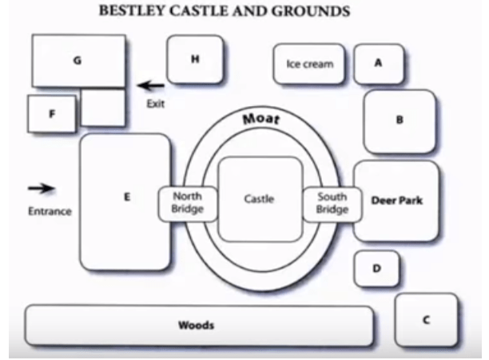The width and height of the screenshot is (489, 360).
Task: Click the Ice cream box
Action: point(309,64)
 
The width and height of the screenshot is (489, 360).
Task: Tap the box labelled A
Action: point(378,64)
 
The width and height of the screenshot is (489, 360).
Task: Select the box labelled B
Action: point(400,121)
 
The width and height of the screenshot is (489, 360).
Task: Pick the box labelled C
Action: point(426,319)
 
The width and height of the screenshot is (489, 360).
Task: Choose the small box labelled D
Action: point(376,269)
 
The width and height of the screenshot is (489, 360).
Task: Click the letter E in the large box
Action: point(126,196)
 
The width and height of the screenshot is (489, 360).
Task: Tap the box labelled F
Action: point(52,113)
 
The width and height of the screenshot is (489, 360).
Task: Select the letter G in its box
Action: point(77,60)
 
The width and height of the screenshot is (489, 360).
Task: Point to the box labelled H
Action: point(195,59)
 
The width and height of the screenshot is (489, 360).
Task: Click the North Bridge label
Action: point(188,203)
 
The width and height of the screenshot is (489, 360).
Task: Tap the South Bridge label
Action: point(332,203)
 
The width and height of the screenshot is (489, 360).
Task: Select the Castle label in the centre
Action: point(259,199)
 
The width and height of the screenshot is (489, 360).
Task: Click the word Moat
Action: point(260,120)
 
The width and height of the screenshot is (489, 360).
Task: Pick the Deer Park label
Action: point(397,200)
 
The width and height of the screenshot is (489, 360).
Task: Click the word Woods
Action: point(196,325)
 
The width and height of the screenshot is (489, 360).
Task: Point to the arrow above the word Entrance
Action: point(42,188)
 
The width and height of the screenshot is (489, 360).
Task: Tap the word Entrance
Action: point(50,212)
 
